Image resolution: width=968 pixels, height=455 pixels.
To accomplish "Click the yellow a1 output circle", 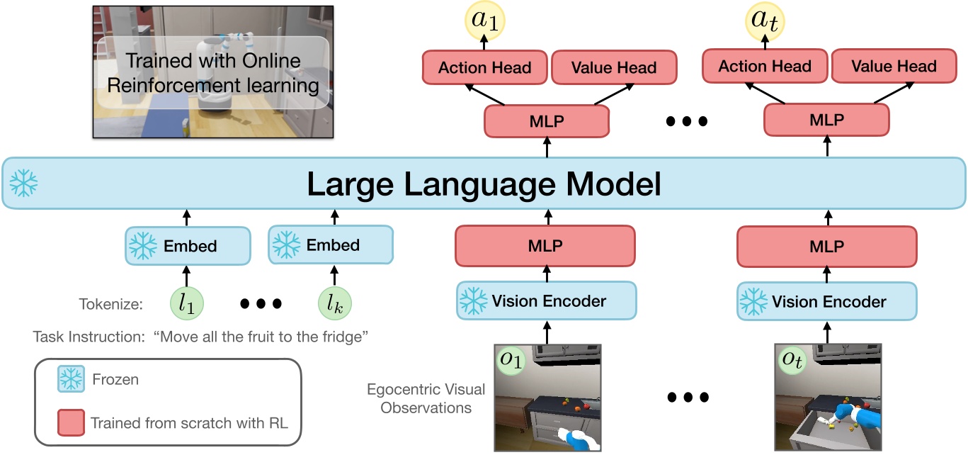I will coord(484,23).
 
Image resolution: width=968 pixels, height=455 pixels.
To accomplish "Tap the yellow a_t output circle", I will coord(764,23).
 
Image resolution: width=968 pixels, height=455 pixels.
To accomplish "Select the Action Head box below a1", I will coord(484,68).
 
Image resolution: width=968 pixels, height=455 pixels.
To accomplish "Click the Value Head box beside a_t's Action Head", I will coord(894,67).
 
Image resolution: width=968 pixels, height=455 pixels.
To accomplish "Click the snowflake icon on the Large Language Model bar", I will coord(23,183).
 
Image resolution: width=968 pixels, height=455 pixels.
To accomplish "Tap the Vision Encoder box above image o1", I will coord(546,300).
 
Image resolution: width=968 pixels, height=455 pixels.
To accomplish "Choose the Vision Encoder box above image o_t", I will coord(826,301).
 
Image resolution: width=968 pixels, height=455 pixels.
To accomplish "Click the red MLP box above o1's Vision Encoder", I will coord(546,246).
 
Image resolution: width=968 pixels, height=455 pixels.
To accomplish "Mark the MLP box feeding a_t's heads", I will coord(826,121).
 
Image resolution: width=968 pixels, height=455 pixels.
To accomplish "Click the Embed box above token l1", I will coord(188,246).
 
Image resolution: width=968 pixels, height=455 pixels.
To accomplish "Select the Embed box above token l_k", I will coord(331,246).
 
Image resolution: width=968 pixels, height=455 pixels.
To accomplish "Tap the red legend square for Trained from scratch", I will coord(71,423).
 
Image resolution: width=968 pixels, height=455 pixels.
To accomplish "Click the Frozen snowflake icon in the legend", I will coord(71,380).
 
